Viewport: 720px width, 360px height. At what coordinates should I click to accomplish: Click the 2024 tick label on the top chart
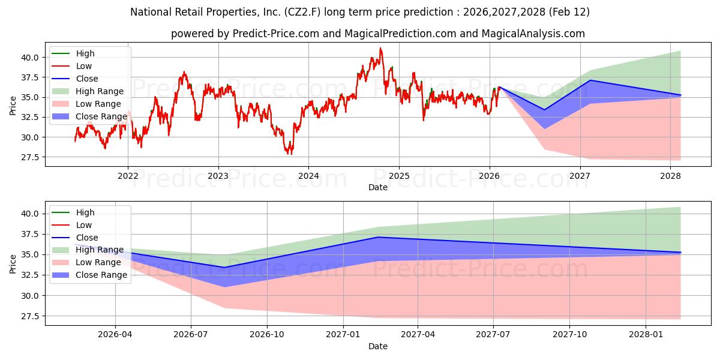pos(308,176)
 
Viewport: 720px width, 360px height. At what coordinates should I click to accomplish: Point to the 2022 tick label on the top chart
pos(128,176)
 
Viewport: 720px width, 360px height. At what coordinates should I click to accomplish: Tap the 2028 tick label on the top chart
pos(670,176)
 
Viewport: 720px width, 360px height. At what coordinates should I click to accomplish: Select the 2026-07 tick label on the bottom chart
pos(191,334)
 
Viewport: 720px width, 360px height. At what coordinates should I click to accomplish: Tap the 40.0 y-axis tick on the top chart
pos(30,58)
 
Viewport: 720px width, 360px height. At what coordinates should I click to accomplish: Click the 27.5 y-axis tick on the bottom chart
pos(30,316)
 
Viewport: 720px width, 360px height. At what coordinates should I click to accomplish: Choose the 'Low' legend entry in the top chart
pos(83,66)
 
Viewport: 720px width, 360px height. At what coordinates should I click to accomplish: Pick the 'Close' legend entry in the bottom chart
pos(86,238)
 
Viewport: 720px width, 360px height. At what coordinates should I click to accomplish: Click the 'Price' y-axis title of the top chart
pos(13,105)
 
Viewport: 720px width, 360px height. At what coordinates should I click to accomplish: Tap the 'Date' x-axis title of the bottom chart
pos(378,346)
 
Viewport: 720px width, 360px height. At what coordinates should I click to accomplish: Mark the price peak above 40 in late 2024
pos(380,48)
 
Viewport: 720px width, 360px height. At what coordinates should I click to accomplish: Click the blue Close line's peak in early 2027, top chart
pos(590,80)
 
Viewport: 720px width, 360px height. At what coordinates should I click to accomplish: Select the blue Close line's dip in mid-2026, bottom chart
pos(224,268)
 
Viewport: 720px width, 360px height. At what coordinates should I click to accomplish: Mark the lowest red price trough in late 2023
pos(290,154)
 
